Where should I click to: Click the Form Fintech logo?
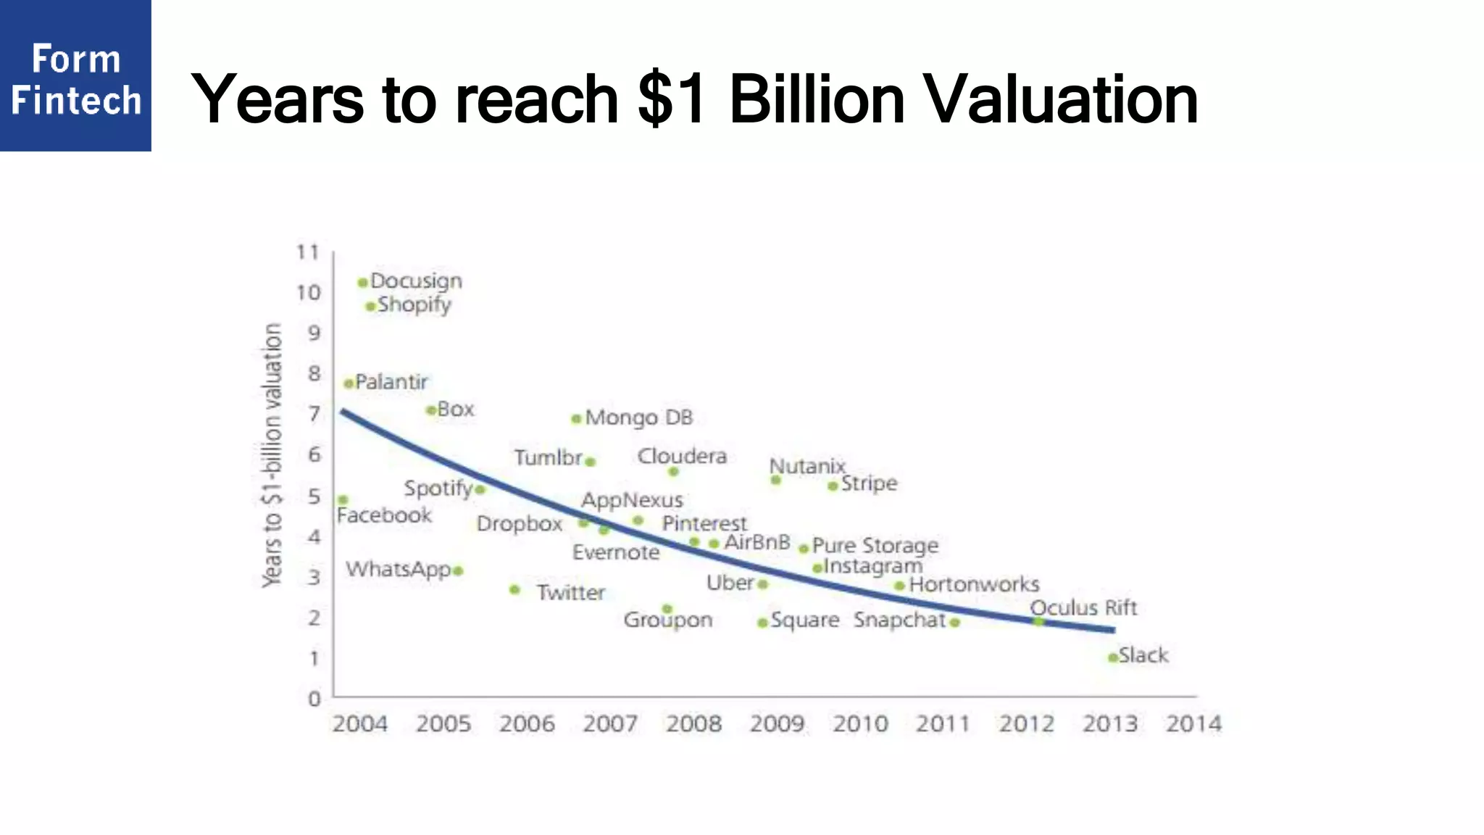pyautogui.click(x=75, y=75)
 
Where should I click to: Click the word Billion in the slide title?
pyautogui.click(x=817, y=99)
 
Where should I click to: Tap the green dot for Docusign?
pyautogui.click(x=362, y=282)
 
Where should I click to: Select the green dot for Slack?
pyautogui.click(x=1113, y=657)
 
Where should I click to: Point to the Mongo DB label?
pyautogui.click(x=638, y=417)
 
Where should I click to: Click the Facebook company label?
pyautogui.click(x=384, y=515)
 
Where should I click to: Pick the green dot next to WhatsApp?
pyautogui.click(x=458, y=571)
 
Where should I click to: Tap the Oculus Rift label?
pyautogui.click(x=1083, y=607)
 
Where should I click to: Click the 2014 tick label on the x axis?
pyautogui.click(x=1193, y=723)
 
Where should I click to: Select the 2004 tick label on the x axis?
pyautogui.click(x=360, y=723)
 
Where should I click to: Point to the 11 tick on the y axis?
pyautogui.click(x=308, y=252)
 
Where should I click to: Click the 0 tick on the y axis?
pyautogui.click(x=314, y=699)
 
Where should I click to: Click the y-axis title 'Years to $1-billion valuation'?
pyautogui.click(x=272, y=455)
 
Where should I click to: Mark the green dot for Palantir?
pyautogui.click(x=349, y=383)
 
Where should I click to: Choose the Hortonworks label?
pyautogui.click(x=974, y=584)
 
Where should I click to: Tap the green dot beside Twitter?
pyautogui.click(x=514, y=590)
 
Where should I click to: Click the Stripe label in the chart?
pyautogui.click(x=869, y=483)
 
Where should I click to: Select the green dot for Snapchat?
pyautogui.click(x=955, y=623)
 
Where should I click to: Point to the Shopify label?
pyautogui.click(x=414, y=305)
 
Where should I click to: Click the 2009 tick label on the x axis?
pyautogui.click(x=777, y=723)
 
